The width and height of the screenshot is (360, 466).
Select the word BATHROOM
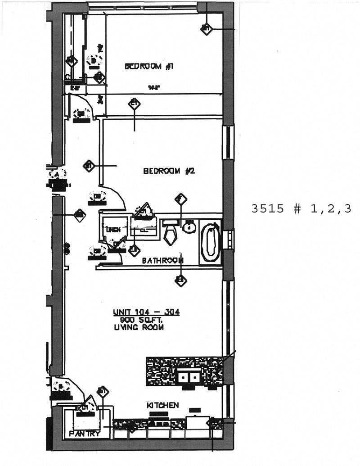(x=162, y=260)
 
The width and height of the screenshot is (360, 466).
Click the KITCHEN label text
(x=162, y=405)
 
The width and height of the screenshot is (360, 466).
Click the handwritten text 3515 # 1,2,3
(x=301, y=208)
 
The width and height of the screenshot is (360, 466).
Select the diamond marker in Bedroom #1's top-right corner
(x=206, y=29)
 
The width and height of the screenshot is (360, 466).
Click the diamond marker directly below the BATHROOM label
(x=181, y=281)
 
